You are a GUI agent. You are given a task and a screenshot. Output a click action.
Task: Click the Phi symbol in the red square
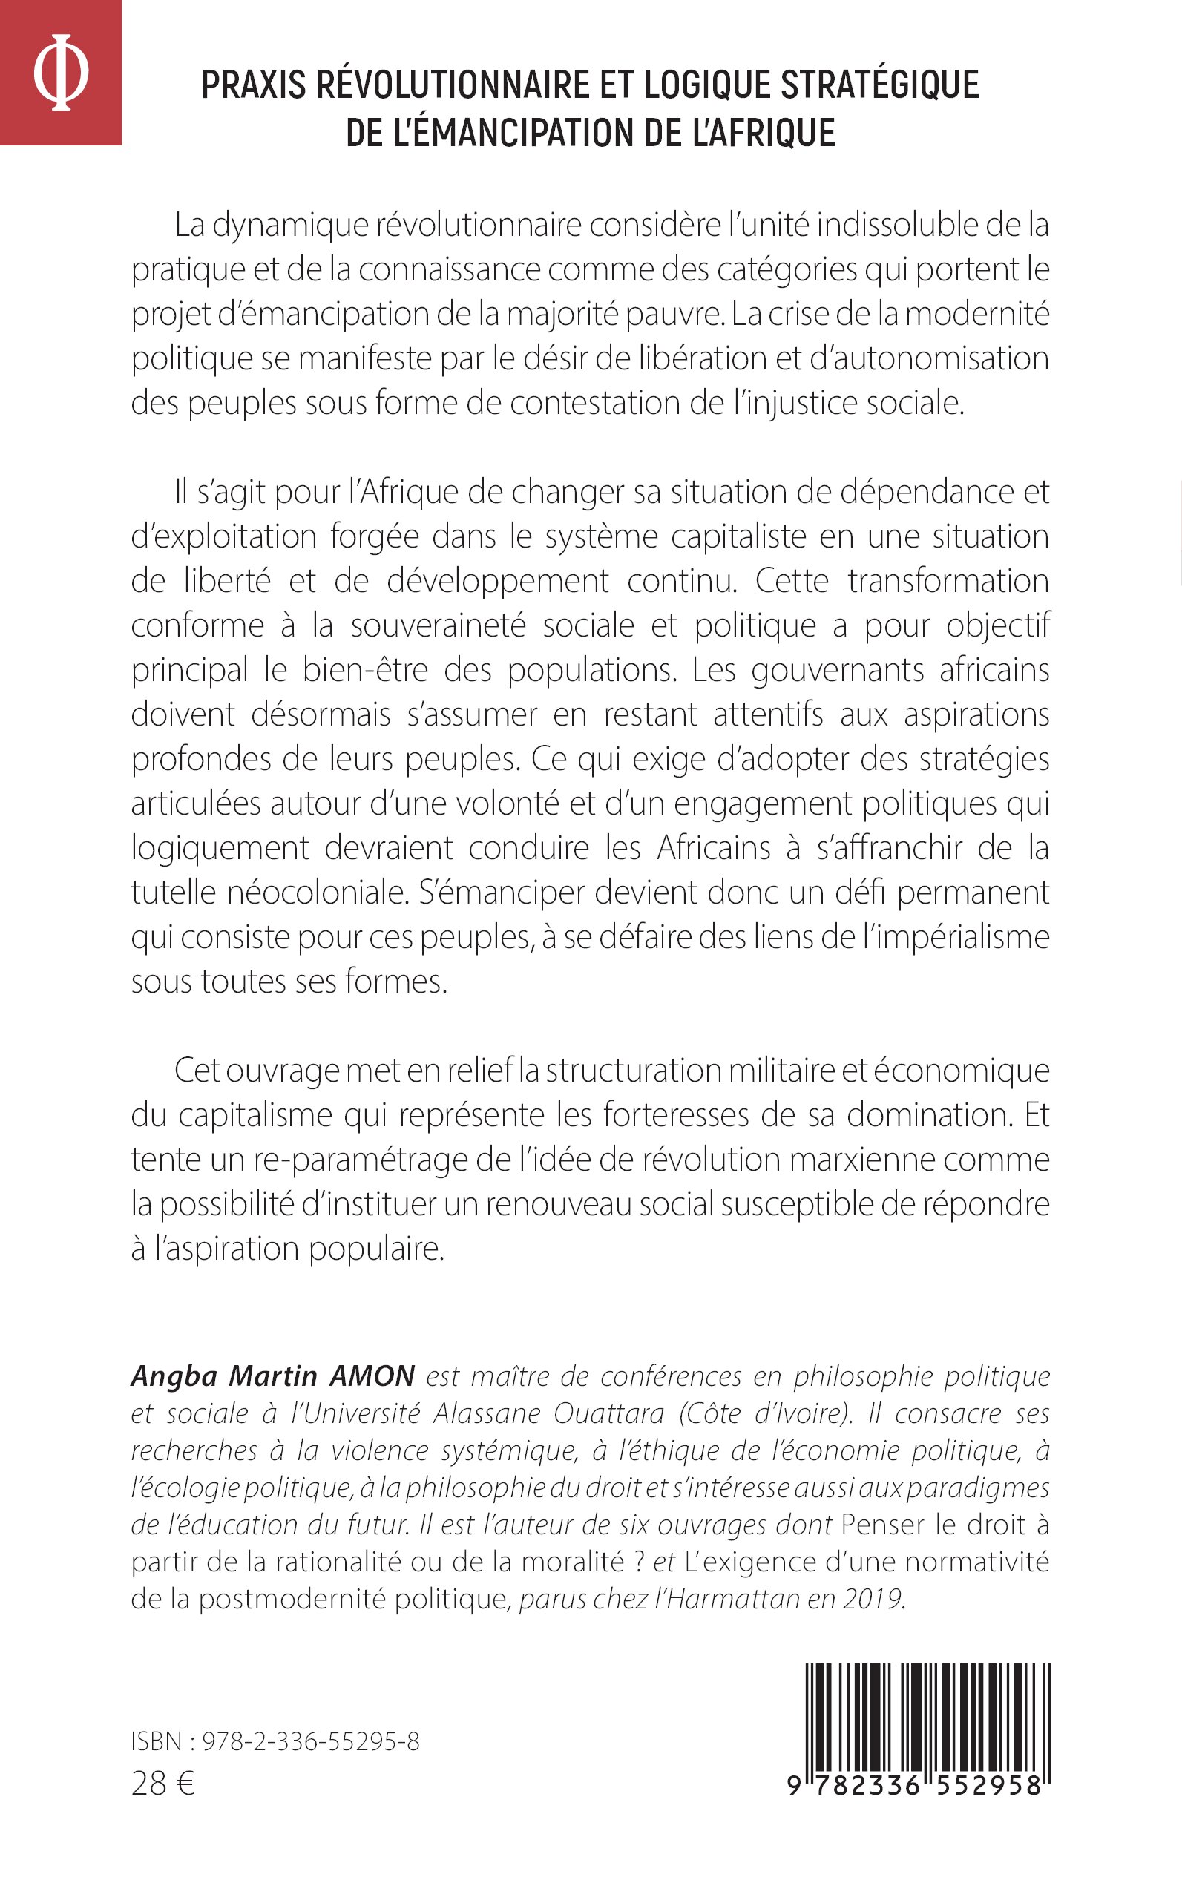point(60,72)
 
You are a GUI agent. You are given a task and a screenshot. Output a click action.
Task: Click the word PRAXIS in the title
point(253,85)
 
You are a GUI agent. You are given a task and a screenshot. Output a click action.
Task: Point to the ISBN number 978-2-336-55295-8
point(310,1741)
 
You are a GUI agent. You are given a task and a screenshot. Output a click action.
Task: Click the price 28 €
point(162,1784)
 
